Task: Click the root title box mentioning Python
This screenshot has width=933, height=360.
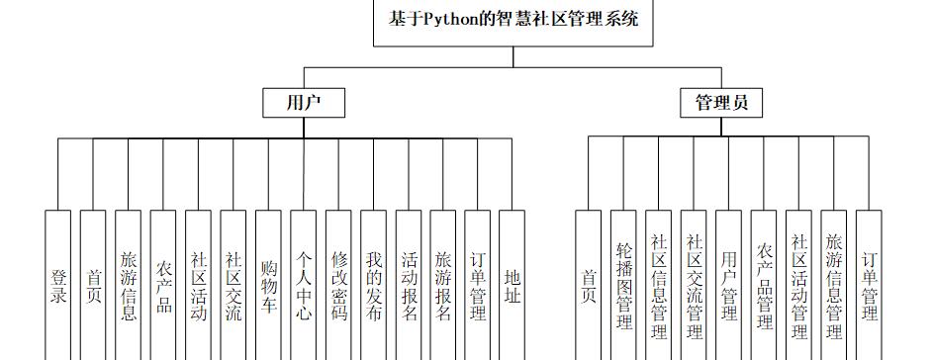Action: pyautogui.click(x=513, y=22)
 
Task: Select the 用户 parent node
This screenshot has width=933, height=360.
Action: pyautogui.click(x=303, y=102)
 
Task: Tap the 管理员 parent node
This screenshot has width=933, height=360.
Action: pyautogui.click(x=720, y=102)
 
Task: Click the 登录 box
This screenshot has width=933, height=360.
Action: pyautogui.click(x=58, y=285)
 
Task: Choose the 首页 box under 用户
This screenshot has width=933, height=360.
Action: pyautogui.click(x=93, y=285)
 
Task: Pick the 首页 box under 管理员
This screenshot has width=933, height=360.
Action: pyautogui.click(x=589, y=285)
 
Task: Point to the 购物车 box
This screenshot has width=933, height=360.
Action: pyautogui.click(x=268, y=285)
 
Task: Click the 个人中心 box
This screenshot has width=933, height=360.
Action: pyautogui.click(x=303, y=285)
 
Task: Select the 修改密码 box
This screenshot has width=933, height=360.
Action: pyautogui.click(x=338, y=285)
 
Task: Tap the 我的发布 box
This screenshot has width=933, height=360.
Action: pyautogui.click(x=373, y=285)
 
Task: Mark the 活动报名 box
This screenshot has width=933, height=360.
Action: pyautogui.click(x=409, y=285)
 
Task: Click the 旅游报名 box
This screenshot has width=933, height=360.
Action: pyautogui.click(x=443, y=285)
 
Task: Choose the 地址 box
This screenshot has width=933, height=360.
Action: pyautogui.click(x=512, y=285)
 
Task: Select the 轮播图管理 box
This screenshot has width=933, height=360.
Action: pyautogui.click(x=623, y=285)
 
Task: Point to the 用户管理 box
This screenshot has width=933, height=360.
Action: pyautogui.click(x=728, y=285)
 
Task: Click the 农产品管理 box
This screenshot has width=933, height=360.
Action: pyautogui.click(x=764, y=285)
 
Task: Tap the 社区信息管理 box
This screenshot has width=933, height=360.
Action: pyautogui.click(x=659, y=285)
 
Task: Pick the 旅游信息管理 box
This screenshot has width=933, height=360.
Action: pyautogui.click(x=834, y=285)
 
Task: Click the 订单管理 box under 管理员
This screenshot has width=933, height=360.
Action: pyautogui.click(x=869, y=285)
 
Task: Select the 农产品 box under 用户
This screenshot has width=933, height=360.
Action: pyautogui.click(x=163, y=285)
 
